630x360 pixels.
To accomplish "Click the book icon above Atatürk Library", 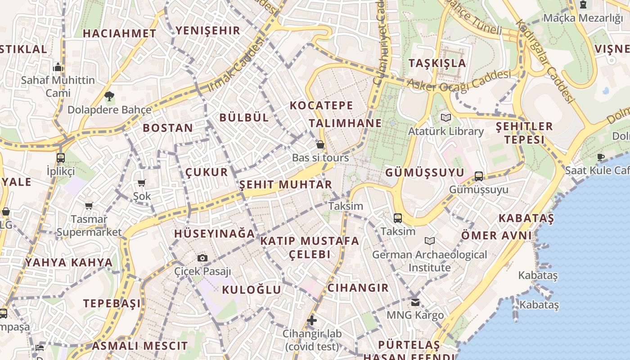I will [x=446, y=118].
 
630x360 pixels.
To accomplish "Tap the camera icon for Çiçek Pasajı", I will [x=202, y=258].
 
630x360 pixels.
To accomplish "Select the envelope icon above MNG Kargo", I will [x=415, y=302].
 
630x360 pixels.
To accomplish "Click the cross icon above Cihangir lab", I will [x=312, y=320].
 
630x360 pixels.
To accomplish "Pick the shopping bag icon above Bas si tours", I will [x=320, y=144].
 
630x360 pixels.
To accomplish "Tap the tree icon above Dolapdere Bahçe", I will [x=109, y=96].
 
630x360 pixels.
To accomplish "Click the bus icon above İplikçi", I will [x=61, y=158].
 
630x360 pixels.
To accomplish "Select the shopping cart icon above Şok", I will [x=142, y=183].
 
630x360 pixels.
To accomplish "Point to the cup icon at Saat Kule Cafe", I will [x=600, y=157].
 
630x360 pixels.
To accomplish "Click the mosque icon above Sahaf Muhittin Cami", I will [x=58, y=67].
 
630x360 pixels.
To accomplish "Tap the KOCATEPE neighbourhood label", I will [x=321, y=105].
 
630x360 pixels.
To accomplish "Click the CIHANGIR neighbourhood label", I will [x=358, y=288].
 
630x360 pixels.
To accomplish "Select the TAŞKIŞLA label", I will [x=437, y=63].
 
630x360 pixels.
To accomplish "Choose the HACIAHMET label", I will [x=119, y=33].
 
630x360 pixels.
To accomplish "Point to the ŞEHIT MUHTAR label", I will [x=285, y=184].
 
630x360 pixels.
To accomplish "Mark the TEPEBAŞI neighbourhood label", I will [x=112, y=303].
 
